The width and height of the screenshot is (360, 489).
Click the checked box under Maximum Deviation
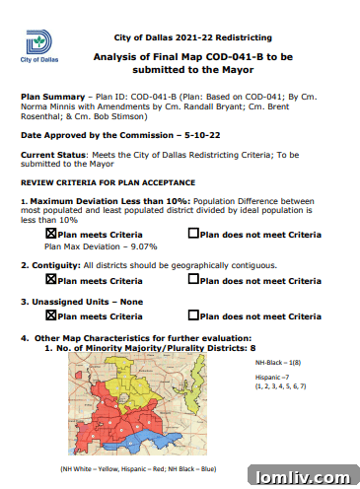pos(51,234)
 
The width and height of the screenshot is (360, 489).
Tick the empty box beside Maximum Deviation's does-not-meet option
pos(193,234)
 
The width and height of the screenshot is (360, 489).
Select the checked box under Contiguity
pos(51,281)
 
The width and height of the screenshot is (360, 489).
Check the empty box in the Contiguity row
pos(193,281)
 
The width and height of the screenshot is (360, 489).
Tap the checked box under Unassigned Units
pos(51,316)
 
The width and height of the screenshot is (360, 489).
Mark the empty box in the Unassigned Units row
pos(193,316)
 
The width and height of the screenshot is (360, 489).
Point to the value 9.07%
pos(142,246)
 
